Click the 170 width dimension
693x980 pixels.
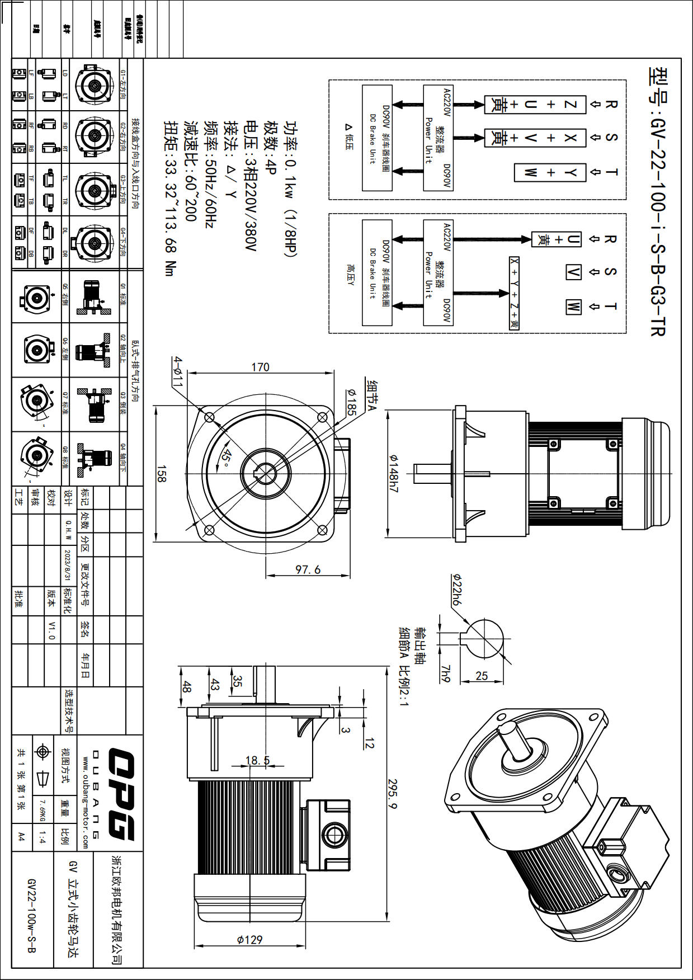[260, 367]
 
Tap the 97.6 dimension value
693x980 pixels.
[308, 569]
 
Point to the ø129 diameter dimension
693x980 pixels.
[249, 939]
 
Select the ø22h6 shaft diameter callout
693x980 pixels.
[456, 590]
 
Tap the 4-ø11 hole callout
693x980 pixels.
[178, 372]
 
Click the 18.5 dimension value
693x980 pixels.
[257, 760]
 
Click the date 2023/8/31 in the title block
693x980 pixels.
[68, 565]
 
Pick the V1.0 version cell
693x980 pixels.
[51, 630]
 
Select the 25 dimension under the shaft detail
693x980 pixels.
[482, 676]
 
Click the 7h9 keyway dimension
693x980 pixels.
[445, 675]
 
